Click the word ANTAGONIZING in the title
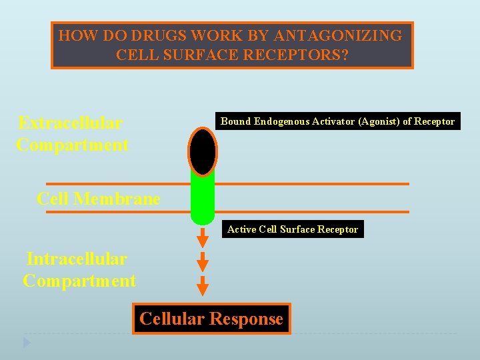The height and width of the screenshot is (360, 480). (x=347, y=36)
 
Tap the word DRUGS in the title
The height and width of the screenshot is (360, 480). (x=154, y=36)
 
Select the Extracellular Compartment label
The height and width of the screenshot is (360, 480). (x=72, y=133)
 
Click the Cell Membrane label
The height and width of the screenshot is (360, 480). (x=99, y=199)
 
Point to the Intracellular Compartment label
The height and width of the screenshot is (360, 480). (x=79, y=269)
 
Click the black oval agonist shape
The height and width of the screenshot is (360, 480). (x=203, y=151)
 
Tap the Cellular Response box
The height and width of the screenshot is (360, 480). (x=211, y=319)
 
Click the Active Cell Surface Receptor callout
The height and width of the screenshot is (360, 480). (x=293, y=229)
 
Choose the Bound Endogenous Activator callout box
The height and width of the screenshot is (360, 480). (x=337, y=121)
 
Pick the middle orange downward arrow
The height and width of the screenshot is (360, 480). (x=203, y=261)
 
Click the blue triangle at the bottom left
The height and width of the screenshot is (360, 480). (x=27, y=343)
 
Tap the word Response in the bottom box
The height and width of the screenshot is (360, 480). (x=247, y=319)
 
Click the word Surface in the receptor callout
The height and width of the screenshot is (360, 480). (x=298, y=229)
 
